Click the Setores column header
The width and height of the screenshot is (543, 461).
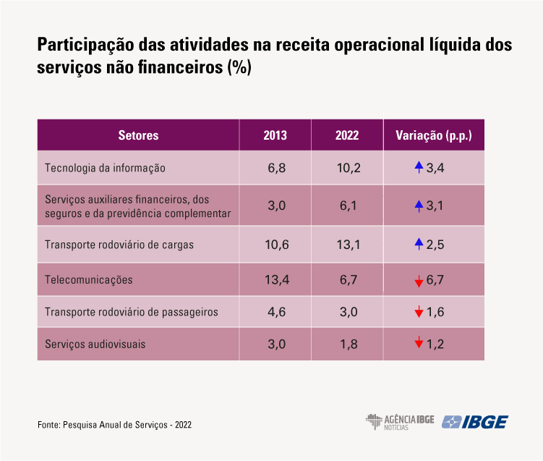[138, 135]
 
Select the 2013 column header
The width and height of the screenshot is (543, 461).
[275, 135]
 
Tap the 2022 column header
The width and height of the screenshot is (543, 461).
[347, 135]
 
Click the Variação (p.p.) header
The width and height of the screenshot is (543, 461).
[434, 135]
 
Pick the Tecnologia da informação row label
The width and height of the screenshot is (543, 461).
[106, 168]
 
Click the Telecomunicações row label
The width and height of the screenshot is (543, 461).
[89, 279]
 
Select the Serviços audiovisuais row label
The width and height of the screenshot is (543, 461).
[95, 344]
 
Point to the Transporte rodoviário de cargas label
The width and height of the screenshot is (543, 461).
[119, 245]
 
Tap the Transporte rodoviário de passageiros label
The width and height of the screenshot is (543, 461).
[132, 312]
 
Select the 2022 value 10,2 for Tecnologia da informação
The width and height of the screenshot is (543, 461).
[348, 168]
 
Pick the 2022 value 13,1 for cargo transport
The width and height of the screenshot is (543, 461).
[348, 245]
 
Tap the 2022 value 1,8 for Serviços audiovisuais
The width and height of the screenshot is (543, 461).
[348, 344]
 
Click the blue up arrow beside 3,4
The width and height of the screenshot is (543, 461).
[418, 167]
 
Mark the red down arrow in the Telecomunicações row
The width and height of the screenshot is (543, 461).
[419, 281]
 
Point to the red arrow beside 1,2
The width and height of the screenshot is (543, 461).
[419, 344]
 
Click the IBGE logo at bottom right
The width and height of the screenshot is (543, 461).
[474, 421]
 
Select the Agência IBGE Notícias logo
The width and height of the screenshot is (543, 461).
[399, 421]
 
